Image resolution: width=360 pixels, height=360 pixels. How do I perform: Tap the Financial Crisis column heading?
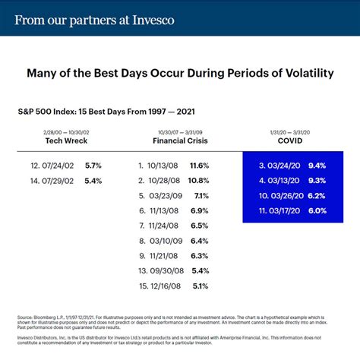[x=180, y=141]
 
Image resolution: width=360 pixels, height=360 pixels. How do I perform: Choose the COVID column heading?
[x=292, y=141]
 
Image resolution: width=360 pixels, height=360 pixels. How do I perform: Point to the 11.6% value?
[x=198, y=165]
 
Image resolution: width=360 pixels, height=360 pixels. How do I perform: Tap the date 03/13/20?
[x=285, y=180]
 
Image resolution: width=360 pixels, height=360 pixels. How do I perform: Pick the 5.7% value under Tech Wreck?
[x=92, y=165]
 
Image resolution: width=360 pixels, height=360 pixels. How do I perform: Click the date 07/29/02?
[x=62, y=180]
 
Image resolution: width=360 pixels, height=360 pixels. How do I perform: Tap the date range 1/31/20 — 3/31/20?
[x=292, y=131]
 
